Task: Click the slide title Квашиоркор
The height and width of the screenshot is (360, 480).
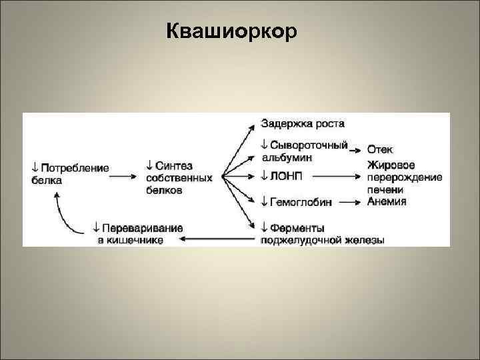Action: click(231, 31)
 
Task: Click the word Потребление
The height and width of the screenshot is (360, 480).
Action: click(75, 168)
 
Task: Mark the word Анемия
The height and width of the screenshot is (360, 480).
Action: click(387, 201)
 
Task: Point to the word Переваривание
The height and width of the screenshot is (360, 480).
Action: click(143, 228)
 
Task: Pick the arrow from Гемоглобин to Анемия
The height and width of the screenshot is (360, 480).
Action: click(349, 201)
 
